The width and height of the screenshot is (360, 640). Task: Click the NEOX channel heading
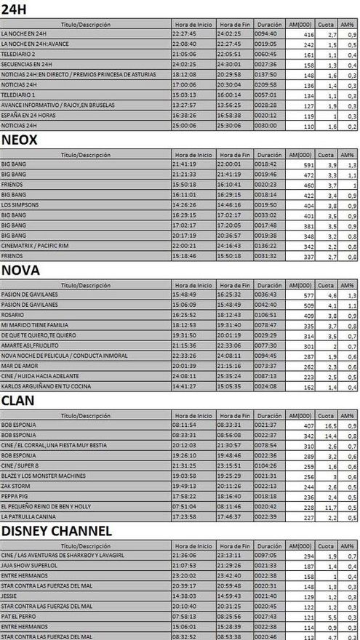coord(20,139)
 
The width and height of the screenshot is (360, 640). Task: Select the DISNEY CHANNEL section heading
coord(57,531)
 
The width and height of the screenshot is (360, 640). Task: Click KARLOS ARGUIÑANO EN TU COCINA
coord(44,387)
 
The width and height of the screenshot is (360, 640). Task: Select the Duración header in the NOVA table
coord(268,285)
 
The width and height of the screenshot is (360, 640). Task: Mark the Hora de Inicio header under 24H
coord(193,23)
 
